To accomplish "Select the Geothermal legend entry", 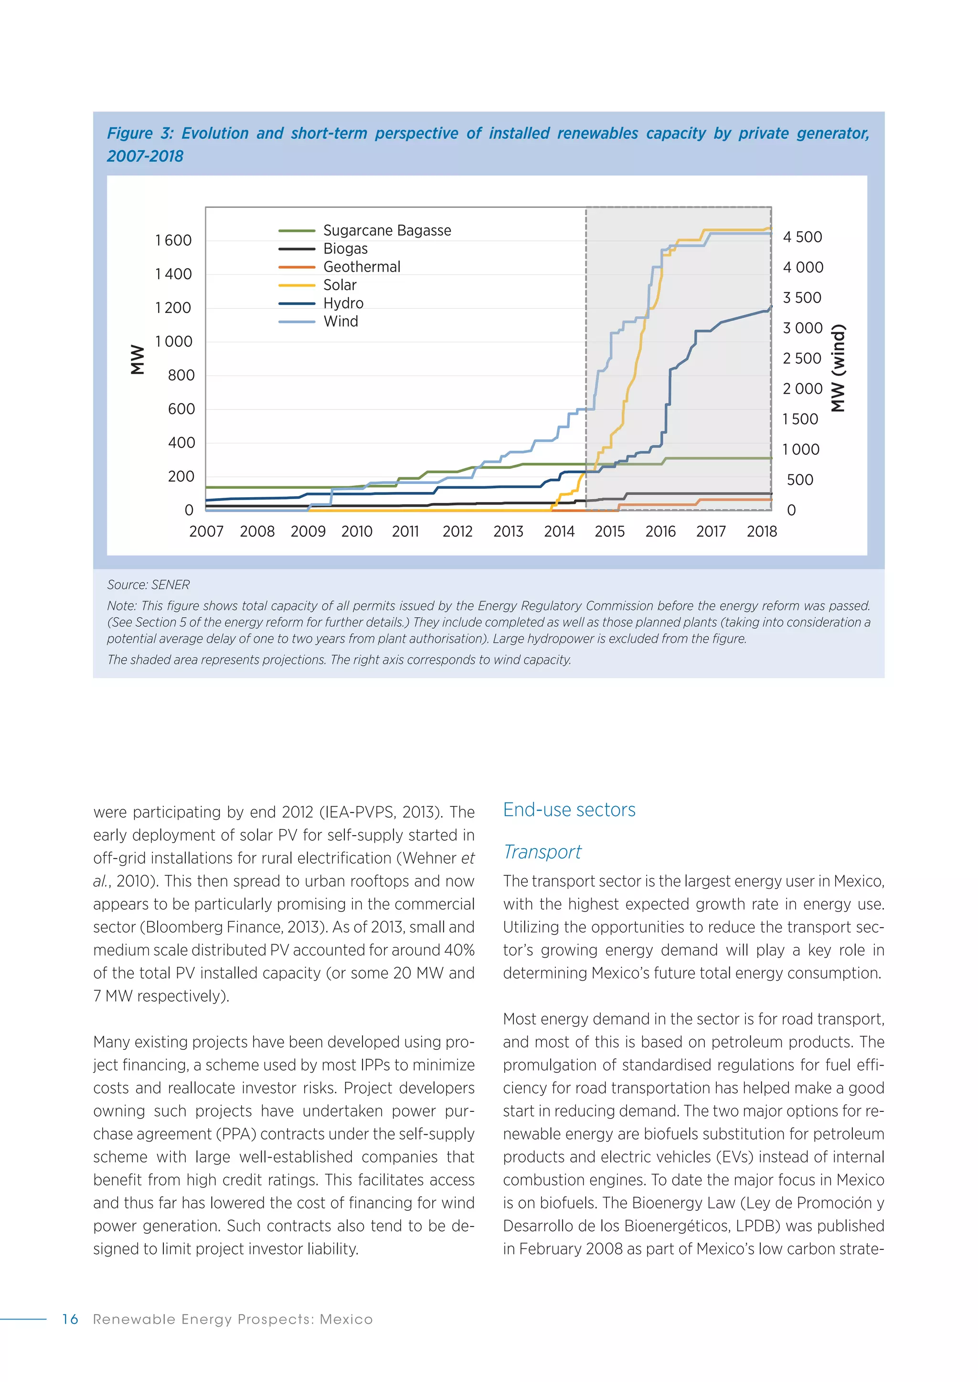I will pos(361,267).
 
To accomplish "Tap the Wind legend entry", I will pos(340,322).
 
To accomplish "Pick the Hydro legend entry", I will pos(343,304).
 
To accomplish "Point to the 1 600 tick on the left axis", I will pos(173,240).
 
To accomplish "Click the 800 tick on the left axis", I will pos(181,376).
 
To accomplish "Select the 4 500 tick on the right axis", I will pos(802,237).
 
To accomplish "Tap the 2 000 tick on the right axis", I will pos(802,389).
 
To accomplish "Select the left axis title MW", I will pos(138,359).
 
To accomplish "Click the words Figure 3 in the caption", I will pos(140,134).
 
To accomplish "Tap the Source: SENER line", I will pos(148,585).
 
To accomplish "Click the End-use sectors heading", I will pos(569,809).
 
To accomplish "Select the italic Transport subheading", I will pos(542,852).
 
